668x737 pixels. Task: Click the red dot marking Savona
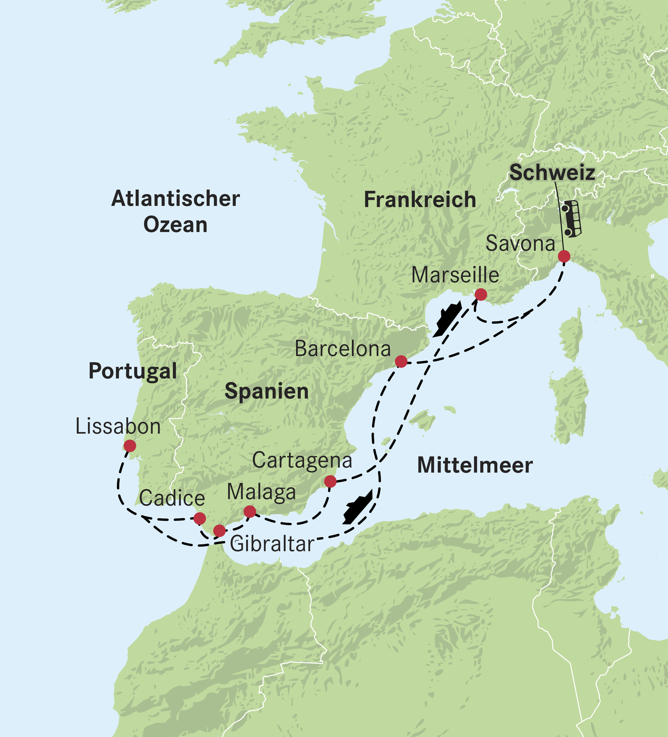point(564,256)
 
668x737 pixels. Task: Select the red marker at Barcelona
point(401,361)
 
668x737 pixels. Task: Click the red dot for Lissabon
point(130,446)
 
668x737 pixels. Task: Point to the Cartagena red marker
point(330,481)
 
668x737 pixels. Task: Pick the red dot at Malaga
point(249,511)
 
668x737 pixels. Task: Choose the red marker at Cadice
point(199,518)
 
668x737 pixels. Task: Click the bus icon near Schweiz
point(571,218)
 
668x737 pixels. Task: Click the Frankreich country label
point(420,200)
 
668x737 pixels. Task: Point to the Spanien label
point(266,391)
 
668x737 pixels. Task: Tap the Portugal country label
point(133,371)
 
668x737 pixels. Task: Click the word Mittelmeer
point(475,465)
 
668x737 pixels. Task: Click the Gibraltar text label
point(272,544)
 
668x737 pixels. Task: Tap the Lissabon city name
point(118,426)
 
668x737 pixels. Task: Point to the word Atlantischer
point(175,199)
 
